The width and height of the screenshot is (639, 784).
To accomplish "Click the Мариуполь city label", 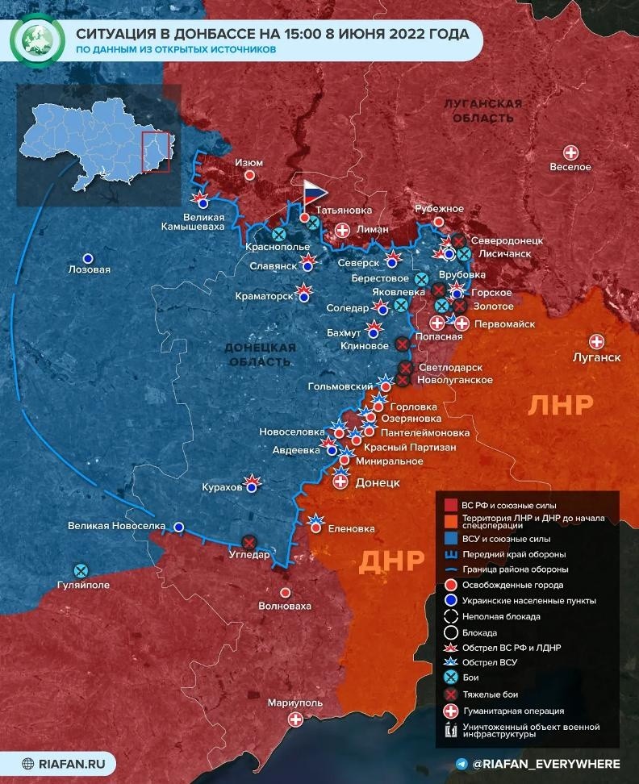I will tap(295, 703).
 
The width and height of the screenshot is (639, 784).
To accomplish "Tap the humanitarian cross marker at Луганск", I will tap(597, 341).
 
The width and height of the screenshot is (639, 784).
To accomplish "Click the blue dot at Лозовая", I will tap(89, 258).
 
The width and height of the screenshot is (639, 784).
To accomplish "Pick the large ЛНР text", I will tap(561, 404).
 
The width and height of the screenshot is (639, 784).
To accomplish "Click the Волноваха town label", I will tap(284, 605).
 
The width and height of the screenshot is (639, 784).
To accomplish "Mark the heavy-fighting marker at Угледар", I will tap(249, 542).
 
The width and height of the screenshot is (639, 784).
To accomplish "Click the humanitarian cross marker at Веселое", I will tap(570, 152).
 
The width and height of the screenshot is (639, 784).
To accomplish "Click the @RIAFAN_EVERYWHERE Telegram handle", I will tap(545, 763).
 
